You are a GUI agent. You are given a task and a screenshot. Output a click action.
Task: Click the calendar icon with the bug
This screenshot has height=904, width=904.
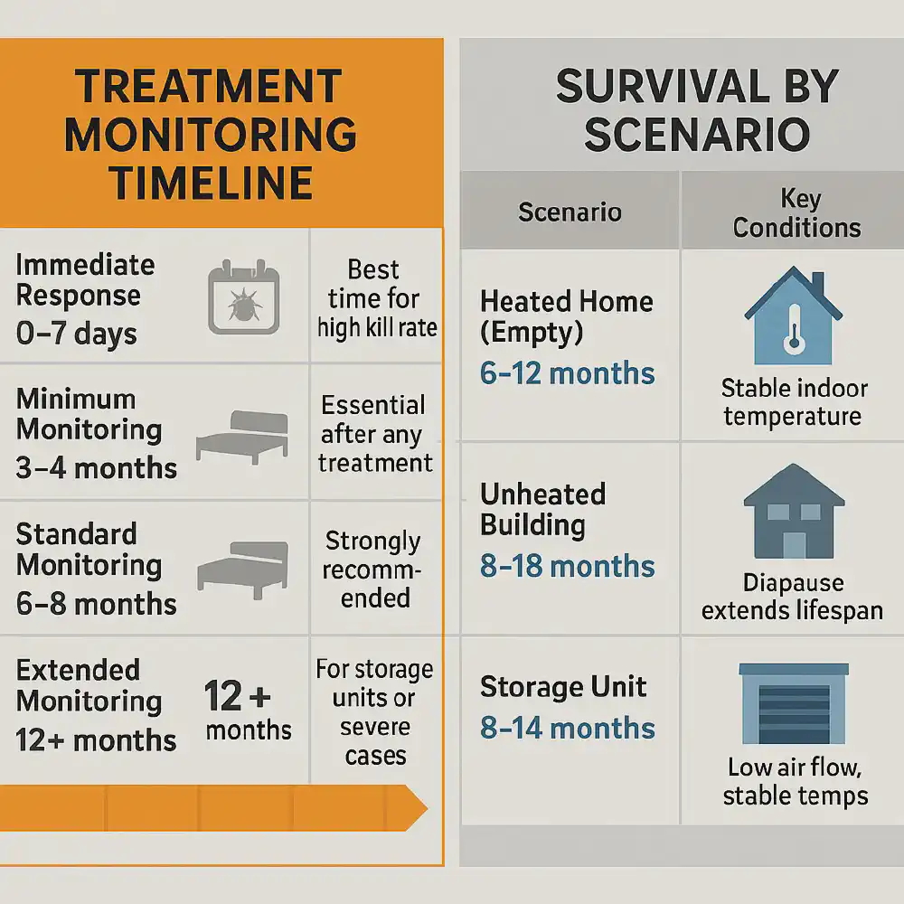[239, 298]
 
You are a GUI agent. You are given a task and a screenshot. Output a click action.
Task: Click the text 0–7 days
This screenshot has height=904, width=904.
[77, 334]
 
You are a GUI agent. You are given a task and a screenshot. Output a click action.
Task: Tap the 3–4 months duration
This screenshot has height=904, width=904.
[97, 467]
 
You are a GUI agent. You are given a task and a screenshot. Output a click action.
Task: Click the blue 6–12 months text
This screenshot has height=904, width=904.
[568, 372]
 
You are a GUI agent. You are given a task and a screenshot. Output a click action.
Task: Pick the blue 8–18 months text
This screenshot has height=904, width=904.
[568, 566]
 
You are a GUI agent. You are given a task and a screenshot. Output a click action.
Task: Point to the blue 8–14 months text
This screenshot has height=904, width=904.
[568, 728]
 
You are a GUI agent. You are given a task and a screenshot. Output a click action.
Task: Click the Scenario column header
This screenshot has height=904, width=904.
[570, 212]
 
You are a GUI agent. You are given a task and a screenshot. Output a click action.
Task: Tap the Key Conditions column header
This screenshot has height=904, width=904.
[796, 213]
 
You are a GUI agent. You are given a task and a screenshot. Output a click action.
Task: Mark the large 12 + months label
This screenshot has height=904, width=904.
[248, 711]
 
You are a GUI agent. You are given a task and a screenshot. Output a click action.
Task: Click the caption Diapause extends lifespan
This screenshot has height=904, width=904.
[793, 597]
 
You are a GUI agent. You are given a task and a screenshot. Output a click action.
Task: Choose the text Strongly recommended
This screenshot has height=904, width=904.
[373, 570]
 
